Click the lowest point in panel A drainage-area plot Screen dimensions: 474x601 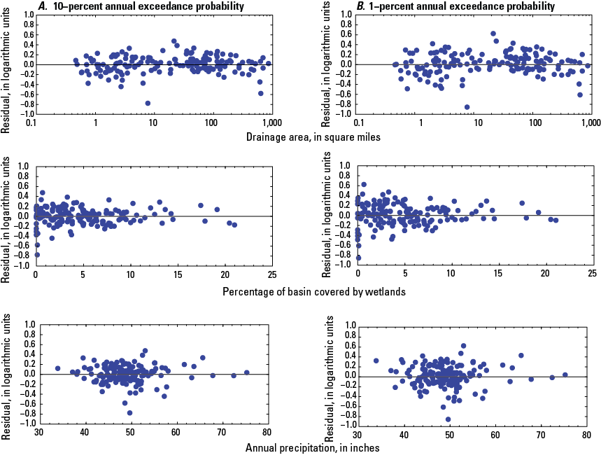coord(148,103)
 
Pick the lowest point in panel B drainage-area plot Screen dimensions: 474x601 coord(467,107)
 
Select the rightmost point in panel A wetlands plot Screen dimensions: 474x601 coord(234,225)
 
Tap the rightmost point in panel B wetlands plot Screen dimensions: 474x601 coord(556,220)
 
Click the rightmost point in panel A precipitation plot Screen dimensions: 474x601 coord(246,372)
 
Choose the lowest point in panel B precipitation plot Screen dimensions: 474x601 coord(448,419)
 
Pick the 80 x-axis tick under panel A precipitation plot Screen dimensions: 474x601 coord(271,433)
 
